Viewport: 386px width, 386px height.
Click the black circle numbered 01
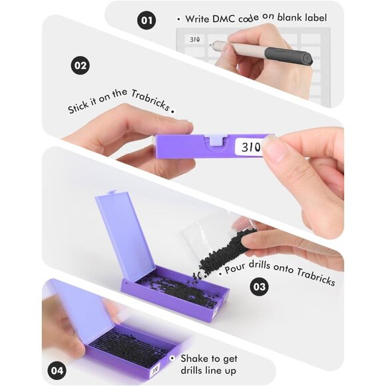pyautogui.click(x=146, y=20)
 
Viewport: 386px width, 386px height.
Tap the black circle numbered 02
pyautogui.click(x=81, y=65)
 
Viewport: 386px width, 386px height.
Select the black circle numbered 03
pyautogui.click(x=260, y=286)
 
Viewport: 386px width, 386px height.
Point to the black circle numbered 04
pyautogui.click(x=57, y=371)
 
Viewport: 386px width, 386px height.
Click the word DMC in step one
pyautogui.click(x=224, y=19)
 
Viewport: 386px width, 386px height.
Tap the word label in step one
pyautogui.click(x=316, y=17)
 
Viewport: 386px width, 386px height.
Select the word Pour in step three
pyautogui.click(x=235, y=268)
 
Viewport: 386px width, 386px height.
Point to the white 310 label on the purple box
pyautogui.click(x=249, y=146)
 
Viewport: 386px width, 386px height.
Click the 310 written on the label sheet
pyautogui.click(x=195, y=39)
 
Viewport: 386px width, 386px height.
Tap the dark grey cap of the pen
pyautogui.click(x=289, y=55)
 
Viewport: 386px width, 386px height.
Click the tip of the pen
pyautogui.click(x=210, y=45)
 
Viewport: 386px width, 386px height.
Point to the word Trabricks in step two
pyautogui.click(x=150, y=100)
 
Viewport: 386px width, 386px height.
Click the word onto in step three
pyautogui.click(x=284, y=268)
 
